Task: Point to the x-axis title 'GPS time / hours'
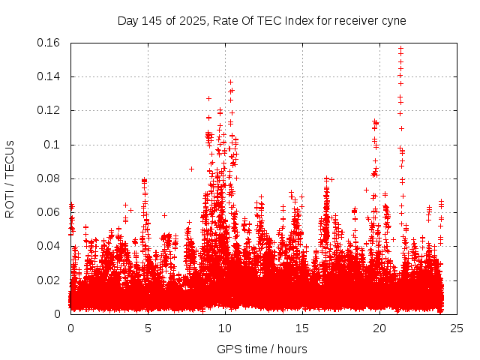(x=262, y=349)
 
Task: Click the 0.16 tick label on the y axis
(x=49, y=43)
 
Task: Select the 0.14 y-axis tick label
(x=49, y=76)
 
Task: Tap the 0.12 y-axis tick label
(x=49, y=110)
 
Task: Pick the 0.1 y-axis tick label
(x=54, y=145)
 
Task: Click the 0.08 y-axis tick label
(x=49, y=178)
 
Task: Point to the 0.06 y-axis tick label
(x=49, y=212)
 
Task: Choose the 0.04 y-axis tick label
(x=49, y=246)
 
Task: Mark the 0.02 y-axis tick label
(x=49, y=280)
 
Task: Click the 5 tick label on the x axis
(x=148, y=328)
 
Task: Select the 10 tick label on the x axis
(x=225, y=328)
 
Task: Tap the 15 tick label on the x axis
(x=302, y=328)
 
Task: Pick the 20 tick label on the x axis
(x=379, y=328)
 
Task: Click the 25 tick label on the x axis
(x=457, y=328)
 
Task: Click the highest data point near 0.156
(x=400, y=49)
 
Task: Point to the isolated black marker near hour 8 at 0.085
(x=191, y=169)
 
